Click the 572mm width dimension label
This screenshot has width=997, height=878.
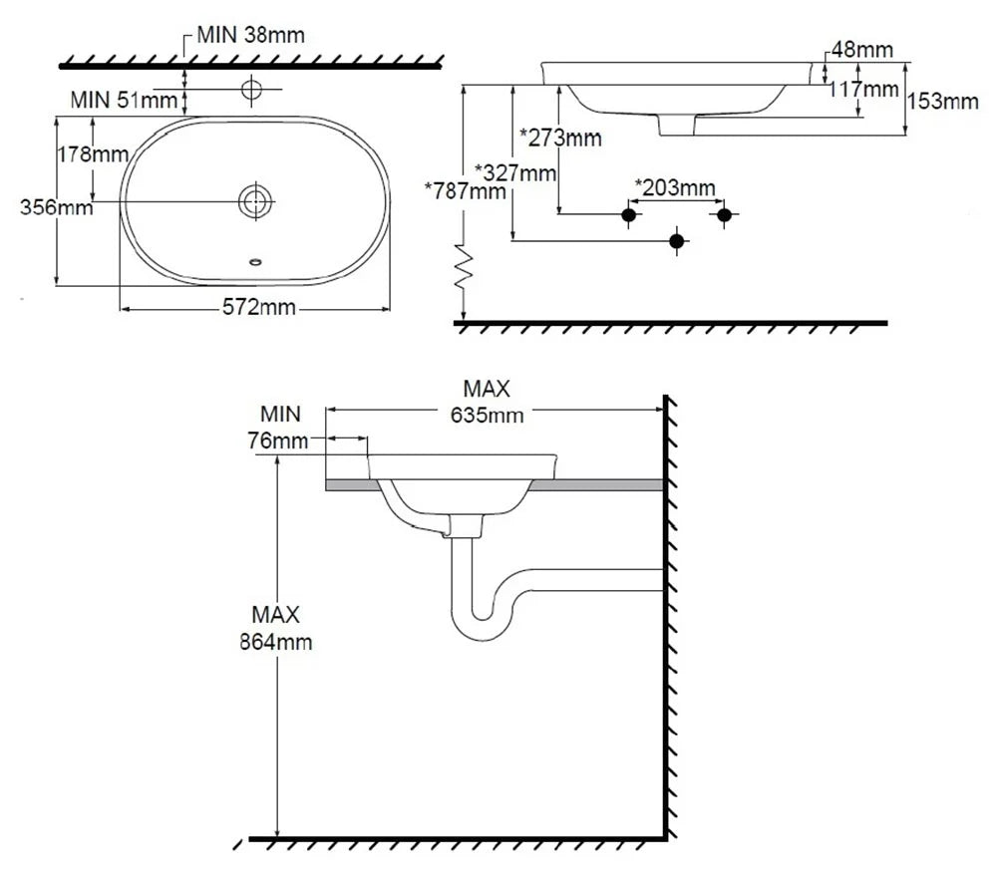pos(259,308)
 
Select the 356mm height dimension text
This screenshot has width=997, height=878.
pos(56,207)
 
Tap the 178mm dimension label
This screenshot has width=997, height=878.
pos(93,153)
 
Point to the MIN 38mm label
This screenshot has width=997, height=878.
pos(250,34)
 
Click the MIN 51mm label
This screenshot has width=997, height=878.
pos(124,100)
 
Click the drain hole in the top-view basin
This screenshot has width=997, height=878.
pos(255,201)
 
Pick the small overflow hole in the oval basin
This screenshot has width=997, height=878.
pos(255,261)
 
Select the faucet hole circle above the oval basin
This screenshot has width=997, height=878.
pos(251,89)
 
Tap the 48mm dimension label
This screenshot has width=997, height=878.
pos(862,50)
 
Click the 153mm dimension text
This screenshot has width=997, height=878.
pos(942,101)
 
